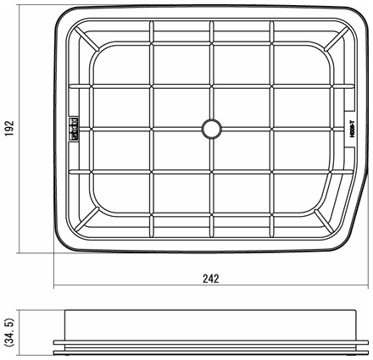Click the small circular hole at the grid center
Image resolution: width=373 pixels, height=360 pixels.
pos(210,127)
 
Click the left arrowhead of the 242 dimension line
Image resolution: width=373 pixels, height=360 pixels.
pos(57,286)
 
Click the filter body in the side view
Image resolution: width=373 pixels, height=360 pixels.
pos(210,325)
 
